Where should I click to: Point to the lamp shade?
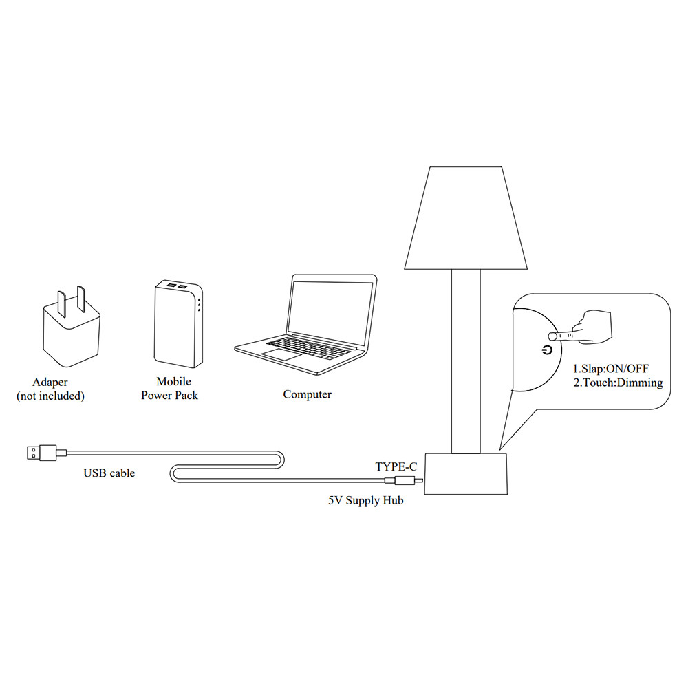[466, 217]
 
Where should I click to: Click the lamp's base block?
[466, 473]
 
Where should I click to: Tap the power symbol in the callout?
[547, 350]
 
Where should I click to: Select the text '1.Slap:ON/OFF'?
[611, 368]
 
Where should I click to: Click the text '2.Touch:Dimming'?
[618, 383]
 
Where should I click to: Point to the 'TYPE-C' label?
[396, 466]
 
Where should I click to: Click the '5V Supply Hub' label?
[365, 501]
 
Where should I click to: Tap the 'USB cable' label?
[109, 473]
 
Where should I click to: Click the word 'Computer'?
[307, 395]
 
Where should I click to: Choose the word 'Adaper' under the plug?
[50, 383]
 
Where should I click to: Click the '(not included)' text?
[50, 396]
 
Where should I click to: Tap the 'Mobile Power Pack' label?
[170, 389]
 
